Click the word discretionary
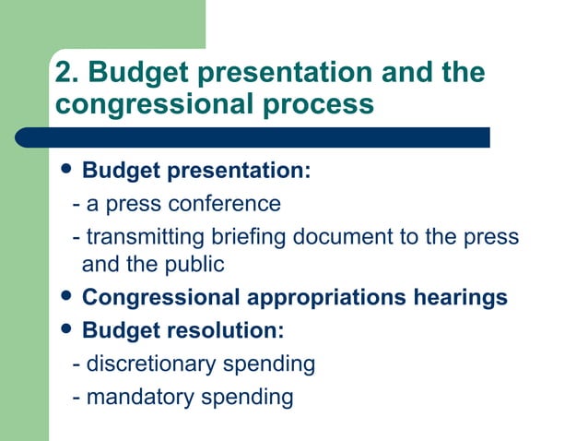pos(150,364)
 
